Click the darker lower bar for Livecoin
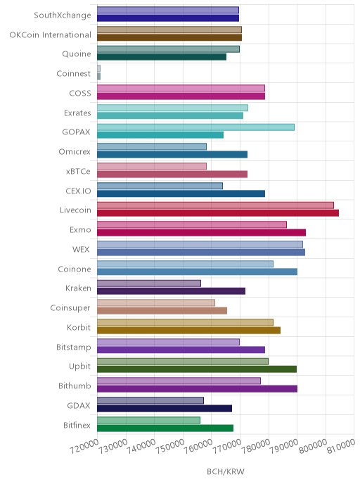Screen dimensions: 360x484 click(218, 213)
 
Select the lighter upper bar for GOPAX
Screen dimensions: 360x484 click(195, 127)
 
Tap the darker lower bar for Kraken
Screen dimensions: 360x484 click(171, 291)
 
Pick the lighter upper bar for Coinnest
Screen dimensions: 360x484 click(98, 68)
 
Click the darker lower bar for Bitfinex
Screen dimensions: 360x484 click(165, 428)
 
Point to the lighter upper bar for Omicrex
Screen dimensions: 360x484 click(152, 146)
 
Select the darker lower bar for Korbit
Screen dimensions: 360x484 click(189, 330)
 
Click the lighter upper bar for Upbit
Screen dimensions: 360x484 click(183, 362)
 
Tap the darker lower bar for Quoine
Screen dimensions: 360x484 click(162, 57)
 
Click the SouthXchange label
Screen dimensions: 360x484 click(63, 15)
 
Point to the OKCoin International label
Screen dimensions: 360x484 click(51, 34)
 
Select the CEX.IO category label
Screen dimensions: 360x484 click(78, 191)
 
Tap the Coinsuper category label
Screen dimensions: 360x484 click(70, 307)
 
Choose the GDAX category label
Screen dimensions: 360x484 click(79, 405)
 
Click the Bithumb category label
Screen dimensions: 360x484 click(75, 386)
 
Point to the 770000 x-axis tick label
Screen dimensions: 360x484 click(227, 446)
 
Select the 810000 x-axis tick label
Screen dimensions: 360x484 click(342, 446)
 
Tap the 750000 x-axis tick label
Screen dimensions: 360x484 click(170, 446)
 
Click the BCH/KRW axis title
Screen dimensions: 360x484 click(226, 471)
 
